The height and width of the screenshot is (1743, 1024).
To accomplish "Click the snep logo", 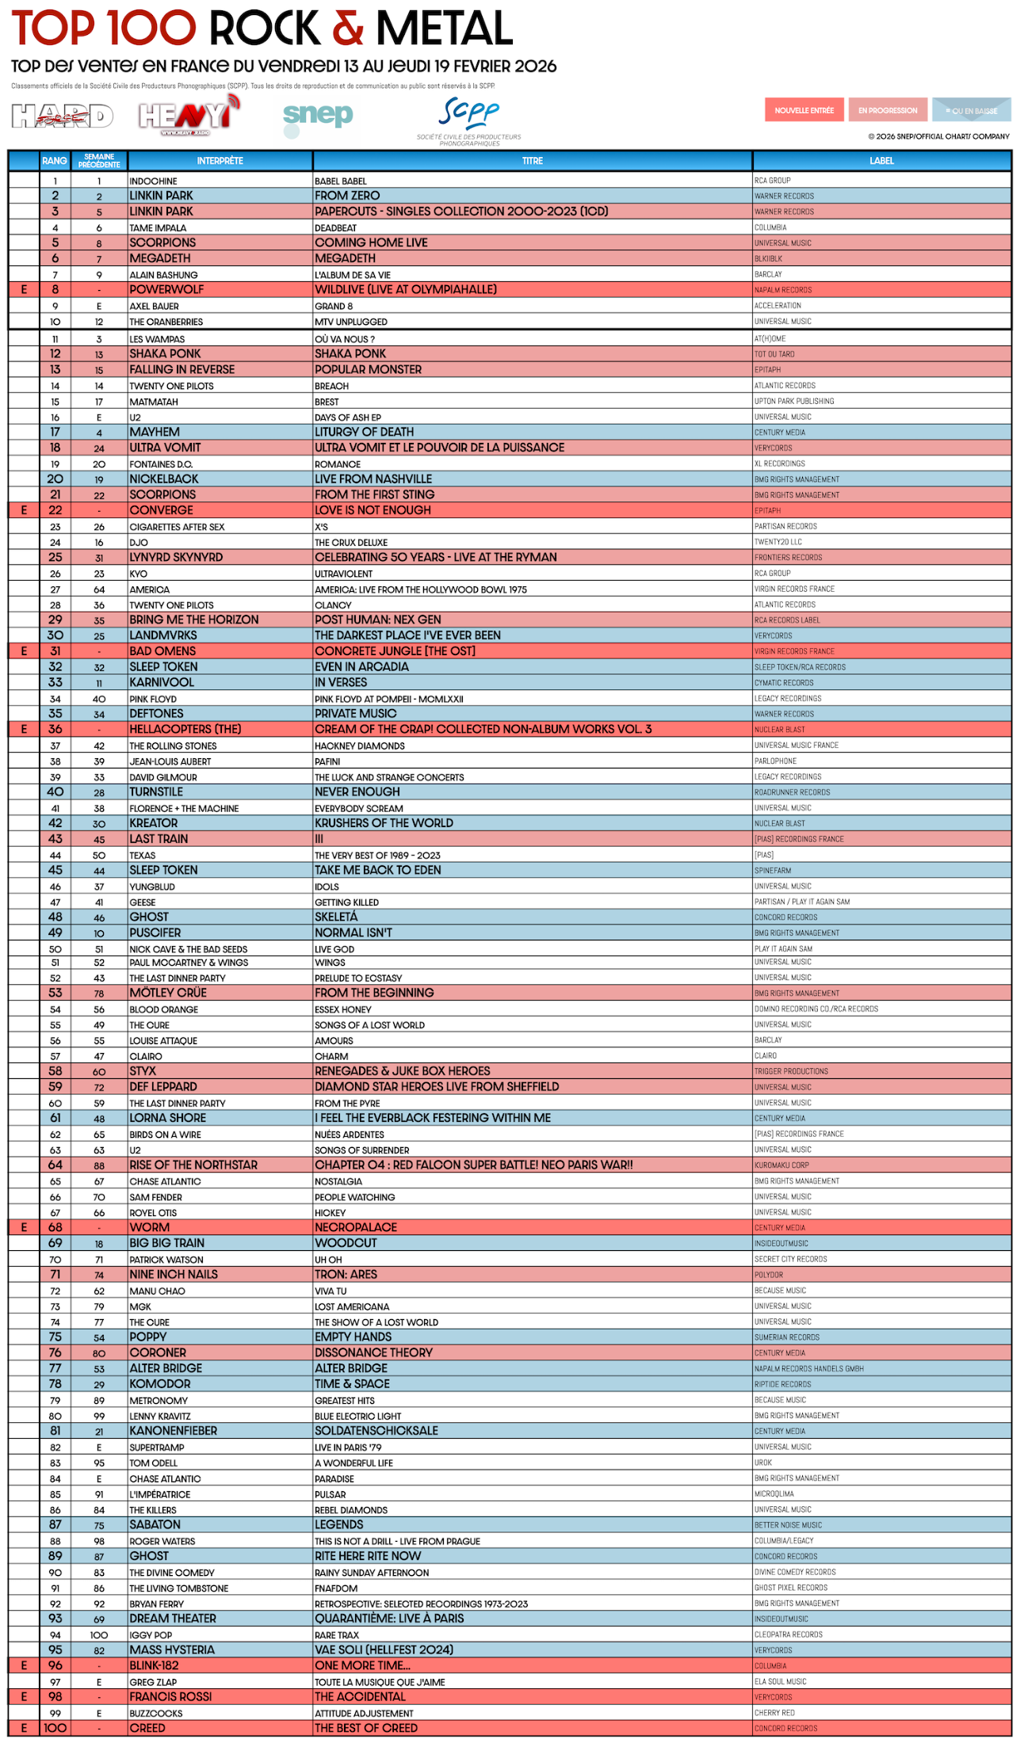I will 318,117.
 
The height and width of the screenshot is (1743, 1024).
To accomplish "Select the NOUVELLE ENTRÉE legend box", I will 804,110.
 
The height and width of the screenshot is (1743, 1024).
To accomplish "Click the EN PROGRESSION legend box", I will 888,110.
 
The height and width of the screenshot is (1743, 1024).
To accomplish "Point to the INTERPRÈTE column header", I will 220,161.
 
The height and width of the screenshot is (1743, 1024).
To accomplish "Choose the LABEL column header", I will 881,161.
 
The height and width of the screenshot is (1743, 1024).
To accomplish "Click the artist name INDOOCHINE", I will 154,181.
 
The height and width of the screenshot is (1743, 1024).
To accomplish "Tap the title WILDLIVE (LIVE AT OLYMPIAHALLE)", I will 406,290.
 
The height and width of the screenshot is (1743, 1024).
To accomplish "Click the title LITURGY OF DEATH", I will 365,432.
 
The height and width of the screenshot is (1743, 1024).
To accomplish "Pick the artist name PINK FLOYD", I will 153,699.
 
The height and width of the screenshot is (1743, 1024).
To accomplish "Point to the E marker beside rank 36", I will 24,729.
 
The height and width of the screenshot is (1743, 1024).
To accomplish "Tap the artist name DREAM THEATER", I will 173,1619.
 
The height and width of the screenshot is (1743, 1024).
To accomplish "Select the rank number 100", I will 55,1728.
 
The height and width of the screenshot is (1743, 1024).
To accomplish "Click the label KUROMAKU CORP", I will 781,1165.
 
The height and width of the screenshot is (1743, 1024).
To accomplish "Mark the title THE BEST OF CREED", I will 366,1728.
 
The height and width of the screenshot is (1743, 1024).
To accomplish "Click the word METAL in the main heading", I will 444,29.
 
